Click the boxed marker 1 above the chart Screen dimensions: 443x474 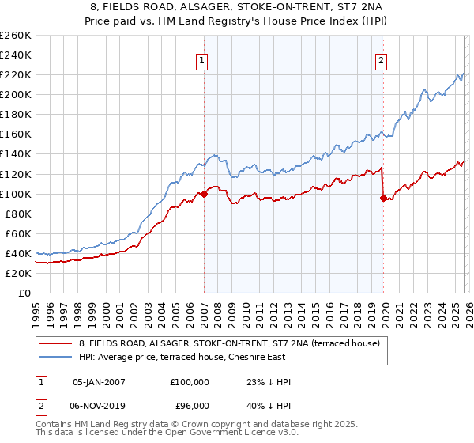(x=202, y=60)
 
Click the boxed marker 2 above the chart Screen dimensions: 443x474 (x=381, y=60)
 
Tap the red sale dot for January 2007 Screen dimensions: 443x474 (x=204, y=193)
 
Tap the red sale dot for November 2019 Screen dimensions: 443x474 (x=383, y=198)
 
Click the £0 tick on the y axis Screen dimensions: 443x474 (x=25, y=293)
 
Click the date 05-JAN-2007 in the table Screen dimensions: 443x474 (x=100, y=381)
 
